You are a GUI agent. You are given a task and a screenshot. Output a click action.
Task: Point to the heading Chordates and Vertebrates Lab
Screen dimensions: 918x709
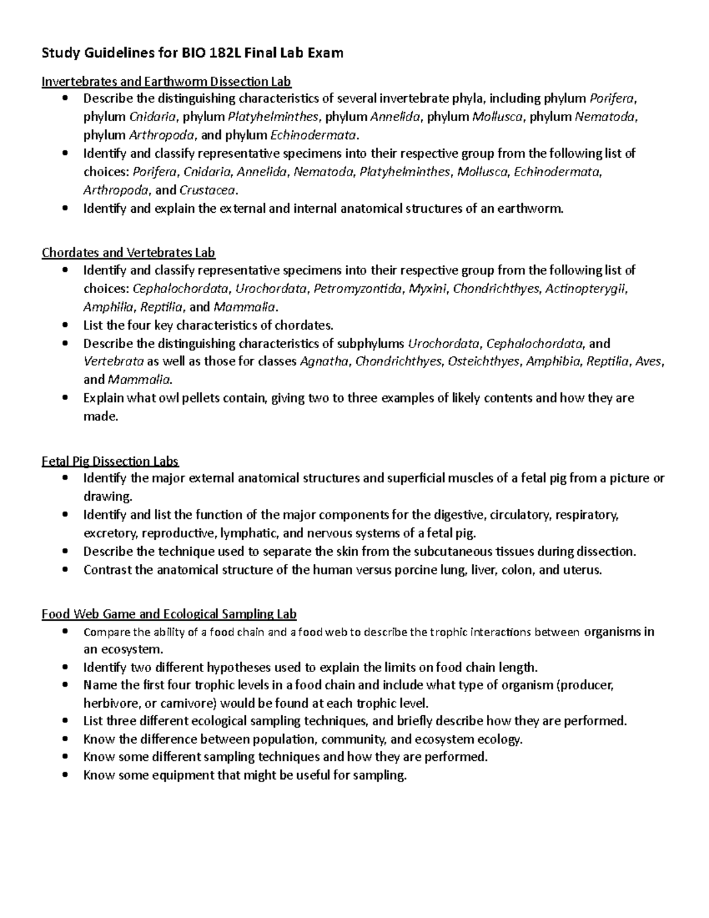click(x=128, y=253)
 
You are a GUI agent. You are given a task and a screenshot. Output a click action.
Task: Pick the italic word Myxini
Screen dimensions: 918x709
click(x=420, y=289)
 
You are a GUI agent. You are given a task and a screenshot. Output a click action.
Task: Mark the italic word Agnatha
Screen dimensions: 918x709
click(x=324, y=362)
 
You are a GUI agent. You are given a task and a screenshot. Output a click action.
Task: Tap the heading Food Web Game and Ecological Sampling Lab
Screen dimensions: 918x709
click(x=169, y=614)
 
